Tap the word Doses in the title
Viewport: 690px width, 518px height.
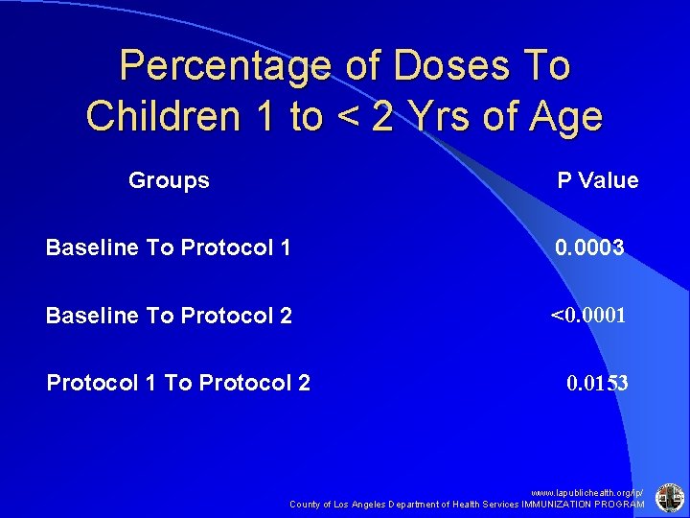pyautogui.click(x=440, y=67)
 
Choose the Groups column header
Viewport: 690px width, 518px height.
pyautogui.click(x=169, y=180)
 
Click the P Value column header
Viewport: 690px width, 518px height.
pyautogui.click(x=598, y=181)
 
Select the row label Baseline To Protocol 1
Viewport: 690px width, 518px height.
pyautogui.click(x=169, y=248)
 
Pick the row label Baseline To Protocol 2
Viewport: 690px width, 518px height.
pyautogui.click(x=169, y=316)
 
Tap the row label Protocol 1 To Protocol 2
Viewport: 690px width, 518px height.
pyautogui.click(x=179, y=383)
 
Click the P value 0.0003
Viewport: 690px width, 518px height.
pyautogui.click(x=589, y=248)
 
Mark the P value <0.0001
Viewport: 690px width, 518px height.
pyautogui.click(x=587, y=315)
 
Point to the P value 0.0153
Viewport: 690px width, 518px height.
pyautogui.click(x=597, y=384)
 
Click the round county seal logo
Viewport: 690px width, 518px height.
pyautogui.click(x=668, y=497)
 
